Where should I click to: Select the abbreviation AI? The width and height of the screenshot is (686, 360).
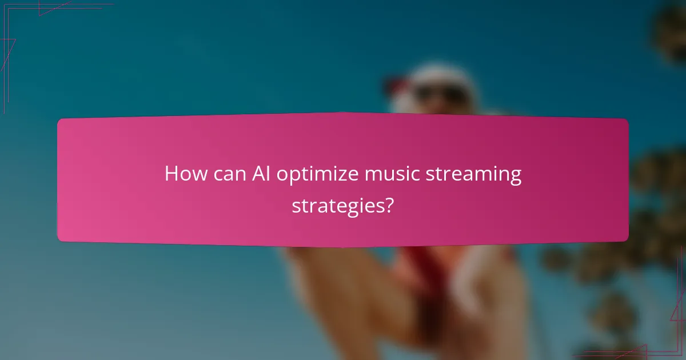262,174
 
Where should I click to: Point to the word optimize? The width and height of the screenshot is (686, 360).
318,175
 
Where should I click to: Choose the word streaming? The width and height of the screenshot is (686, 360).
474,175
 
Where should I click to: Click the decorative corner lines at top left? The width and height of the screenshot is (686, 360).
23,23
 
